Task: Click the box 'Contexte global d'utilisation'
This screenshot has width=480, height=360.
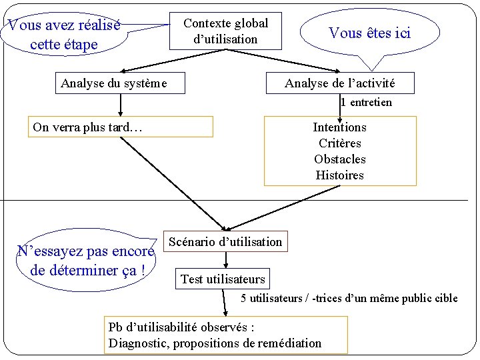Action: click(225, 31)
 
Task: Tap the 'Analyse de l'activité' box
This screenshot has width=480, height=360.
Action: click(339, 83)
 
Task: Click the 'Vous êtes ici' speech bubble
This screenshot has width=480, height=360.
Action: click(370, 33)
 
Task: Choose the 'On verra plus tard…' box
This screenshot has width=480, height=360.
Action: click(120, 127)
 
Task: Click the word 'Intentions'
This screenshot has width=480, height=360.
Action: click(339, 127)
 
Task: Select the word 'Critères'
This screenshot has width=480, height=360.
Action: click(339, 143)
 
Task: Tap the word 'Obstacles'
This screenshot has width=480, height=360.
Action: click(339, 159)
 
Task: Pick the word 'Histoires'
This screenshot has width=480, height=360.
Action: click(339, 175)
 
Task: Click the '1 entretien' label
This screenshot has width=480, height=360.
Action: click(366, 103)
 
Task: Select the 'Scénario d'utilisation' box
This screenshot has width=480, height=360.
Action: click(225, 242)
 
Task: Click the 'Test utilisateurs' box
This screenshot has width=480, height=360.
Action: click(223, 279)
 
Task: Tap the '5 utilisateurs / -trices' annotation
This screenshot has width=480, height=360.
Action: click(349, 298)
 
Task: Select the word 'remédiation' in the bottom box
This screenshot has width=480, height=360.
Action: click(289, 343)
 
